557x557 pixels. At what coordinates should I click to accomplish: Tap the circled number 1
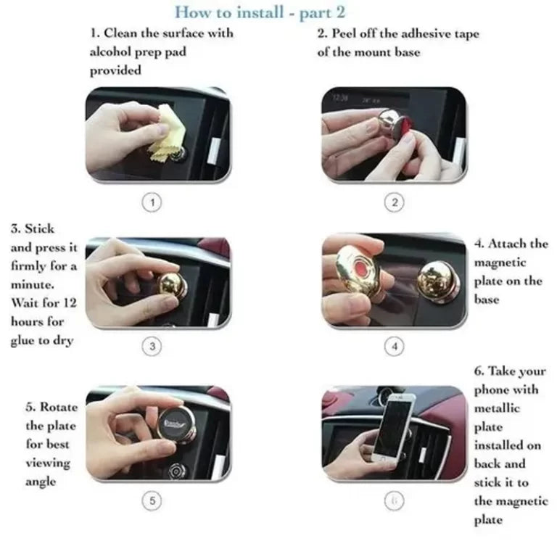[152, 203]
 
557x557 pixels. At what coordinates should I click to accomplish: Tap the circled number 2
[394, 203]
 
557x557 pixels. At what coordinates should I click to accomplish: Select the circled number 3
[152, 347]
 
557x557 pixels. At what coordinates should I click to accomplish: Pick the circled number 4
[394, 347]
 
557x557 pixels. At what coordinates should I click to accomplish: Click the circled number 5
[152, 500]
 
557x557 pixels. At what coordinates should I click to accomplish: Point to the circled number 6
[394, 500]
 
